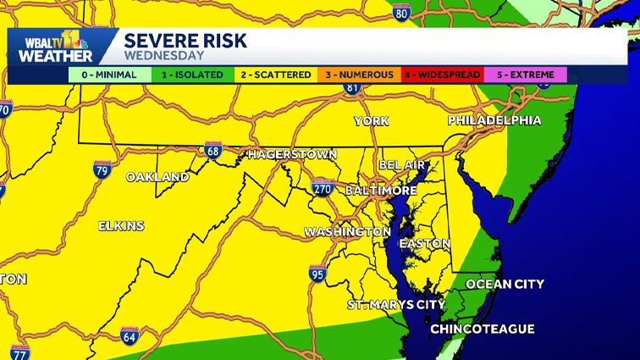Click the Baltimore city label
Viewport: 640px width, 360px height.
coord(381,191)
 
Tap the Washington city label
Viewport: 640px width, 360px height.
coord(348,231)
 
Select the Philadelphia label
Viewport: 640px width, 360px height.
coord(494,120)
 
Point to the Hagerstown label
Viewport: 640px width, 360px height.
coord(292,155)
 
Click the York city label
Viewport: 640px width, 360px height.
coord(372,121)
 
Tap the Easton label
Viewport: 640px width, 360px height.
coord(424,243)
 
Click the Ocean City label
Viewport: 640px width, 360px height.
coord(505,284)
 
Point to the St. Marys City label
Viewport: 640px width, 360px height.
coord(396,304)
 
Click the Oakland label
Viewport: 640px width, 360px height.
coord(157,177)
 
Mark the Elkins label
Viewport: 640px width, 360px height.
coord(121,226)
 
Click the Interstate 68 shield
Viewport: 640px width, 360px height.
coord(212,151)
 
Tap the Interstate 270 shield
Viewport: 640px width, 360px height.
coord(322,188)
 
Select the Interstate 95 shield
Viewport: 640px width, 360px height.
coord(317,273)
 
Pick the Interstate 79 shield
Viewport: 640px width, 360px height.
coord(103,169)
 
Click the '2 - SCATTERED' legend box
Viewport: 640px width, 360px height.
coord(275,75)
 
